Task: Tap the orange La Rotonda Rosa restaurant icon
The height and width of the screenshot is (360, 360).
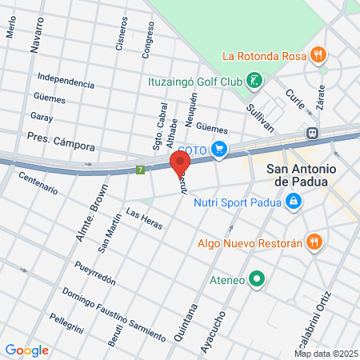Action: (318, 55)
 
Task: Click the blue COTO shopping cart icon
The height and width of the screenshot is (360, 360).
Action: (220, 150)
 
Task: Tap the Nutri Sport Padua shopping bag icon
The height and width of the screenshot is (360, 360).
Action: (294, 202)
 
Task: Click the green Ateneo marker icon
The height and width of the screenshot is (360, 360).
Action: (256, 279)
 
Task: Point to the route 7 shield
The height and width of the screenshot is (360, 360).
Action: (140, 170)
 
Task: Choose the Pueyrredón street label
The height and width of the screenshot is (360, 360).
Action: (96, 276)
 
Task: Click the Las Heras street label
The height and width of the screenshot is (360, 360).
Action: (144, 219)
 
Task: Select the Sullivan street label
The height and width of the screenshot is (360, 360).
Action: (260, 118)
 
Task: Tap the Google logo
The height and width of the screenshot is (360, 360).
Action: (26, 350)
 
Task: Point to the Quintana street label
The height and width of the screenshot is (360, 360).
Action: (182, 323)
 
